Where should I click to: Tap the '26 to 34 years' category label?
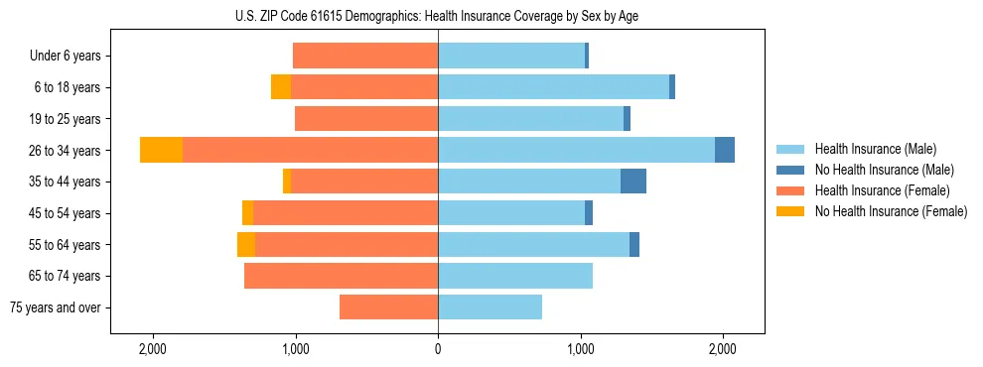(65, 151)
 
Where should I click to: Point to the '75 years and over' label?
(56, 307)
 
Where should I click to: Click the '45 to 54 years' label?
(65, 213)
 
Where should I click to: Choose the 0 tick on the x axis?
(438, 350)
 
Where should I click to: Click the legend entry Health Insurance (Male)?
(875, 149)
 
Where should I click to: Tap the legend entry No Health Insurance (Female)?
(891, 211)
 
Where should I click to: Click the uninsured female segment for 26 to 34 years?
(161, 150)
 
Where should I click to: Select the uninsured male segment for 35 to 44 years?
(633, 182)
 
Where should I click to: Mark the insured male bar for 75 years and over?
(490, 307)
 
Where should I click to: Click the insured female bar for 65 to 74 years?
(341, 276)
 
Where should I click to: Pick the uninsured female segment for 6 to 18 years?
(281, 87)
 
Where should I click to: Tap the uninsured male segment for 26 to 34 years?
(725, 150)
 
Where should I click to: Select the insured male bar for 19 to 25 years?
(530, 119)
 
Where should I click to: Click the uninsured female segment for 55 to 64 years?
(246, 244)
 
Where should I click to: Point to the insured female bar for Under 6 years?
(365, 56)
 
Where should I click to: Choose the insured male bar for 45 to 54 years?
(511, 213)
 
